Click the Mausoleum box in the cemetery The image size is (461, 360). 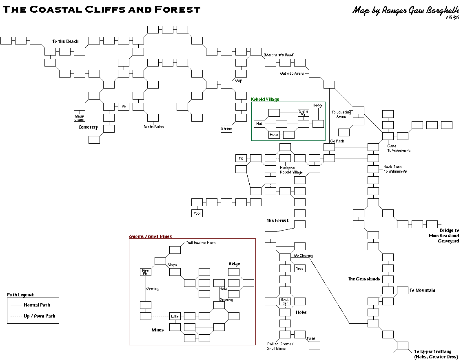point(79,118)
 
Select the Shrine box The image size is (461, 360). point(226,129)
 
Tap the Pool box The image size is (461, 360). point(197,213)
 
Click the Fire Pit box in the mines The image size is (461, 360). point(145,272)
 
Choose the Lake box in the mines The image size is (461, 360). point(175,316)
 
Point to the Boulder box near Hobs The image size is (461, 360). point(285,302)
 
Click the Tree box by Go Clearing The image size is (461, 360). point(300,269)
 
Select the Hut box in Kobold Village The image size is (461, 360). point(259,124)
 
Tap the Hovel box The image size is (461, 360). point(274,135)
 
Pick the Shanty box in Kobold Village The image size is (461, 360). point(303,113)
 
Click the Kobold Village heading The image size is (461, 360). point(265,99)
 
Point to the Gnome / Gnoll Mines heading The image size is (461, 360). point(151,236)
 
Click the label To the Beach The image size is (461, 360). point(65,41)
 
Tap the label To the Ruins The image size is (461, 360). point(153,127)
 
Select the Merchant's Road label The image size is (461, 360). point(279,55)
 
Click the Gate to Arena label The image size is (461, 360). point(292,73)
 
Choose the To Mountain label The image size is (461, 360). point(422,290)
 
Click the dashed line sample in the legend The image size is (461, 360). point(16,316)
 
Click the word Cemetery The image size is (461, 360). point(88,127)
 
